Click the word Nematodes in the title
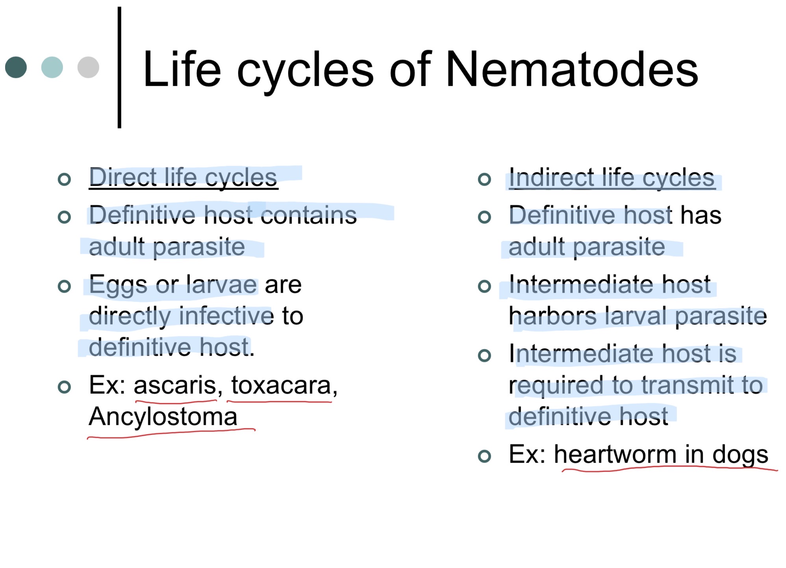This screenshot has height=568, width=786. click(572, 69)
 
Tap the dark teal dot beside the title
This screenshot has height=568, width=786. click(16, 67)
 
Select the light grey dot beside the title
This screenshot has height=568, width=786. click(88, 67)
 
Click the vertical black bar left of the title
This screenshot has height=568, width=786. click(119, 67)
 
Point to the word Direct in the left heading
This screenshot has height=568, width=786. click(123, 177)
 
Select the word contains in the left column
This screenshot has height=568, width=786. click(309, 215)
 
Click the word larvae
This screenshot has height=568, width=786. click(222, 284)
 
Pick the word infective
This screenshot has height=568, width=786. click(226, 316)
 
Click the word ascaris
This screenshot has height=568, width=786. click(175, 385)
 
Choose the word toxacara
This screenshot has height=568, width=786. click(281, 385)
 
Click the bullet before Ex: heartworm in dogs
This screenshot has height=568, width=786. click(484, 456)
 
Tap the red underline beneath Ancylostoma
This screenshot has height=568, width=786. click(171, 433)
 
